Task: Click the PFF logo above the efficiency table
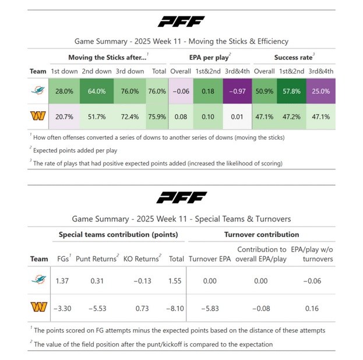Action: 181,22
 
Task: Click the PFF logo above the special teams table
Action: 181,198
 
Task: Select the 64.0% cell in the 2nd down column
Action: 97,91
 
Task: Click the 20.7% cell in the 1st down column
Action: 64,117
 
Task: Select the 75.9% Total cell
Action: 157,117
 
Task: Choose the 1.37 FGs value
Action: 62,281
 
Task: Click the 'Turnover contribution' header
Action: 262,235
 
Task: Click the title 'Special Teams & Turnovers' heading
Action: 181,219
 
